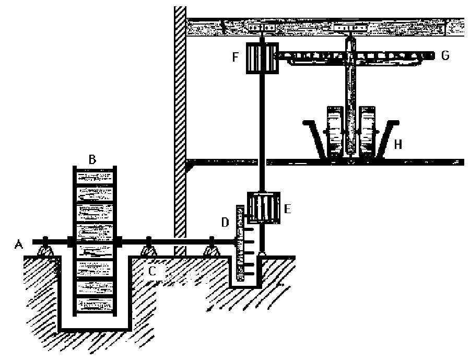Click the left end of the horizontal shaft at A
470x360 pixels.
tap(33, 242)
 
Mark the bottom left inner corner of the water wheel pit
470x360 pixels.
tap(62, 328)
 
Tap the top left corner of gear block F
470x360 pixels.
tap(246, 43)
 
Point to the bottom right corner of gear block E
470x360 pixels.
tap(280, 224)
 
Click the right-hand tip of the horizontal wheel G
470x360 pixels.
tap(434, 55)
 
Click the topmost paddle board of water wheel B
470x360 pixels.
tap(95, 176)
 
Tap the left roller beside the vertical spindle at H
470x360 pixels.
tap(335, 131)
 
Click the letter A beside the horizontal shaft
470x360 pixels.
tap(19, 245)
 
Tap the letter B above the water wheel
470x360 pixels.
tap(92, 159)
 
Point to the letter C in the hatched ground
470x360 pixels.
tap(152, 271)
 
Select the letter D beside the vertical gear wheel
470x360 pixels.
tap(225, 222)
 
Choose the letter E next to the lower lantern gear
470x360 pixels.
tap(287, 208)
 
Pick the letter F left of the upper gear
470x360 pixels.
tap(236, 57)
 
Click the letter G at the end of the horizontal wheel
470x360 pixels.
tap(445, 55)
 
